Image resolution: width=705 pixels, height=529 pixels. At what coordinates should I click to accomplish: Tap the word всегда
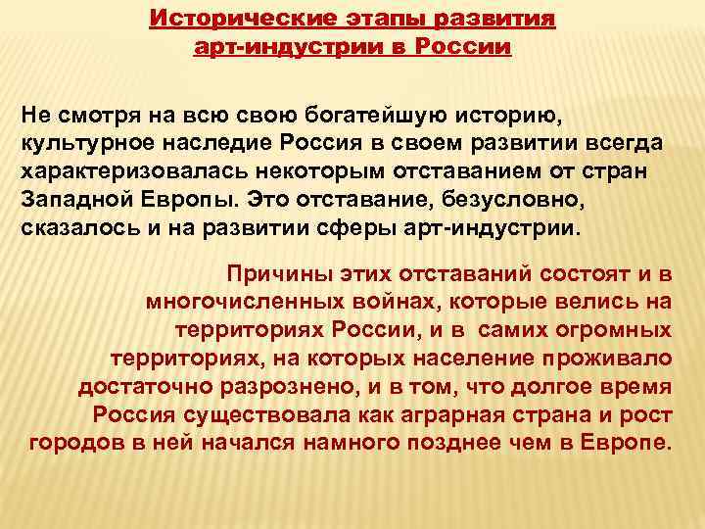pyautogui.click(x=627, y=144)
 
